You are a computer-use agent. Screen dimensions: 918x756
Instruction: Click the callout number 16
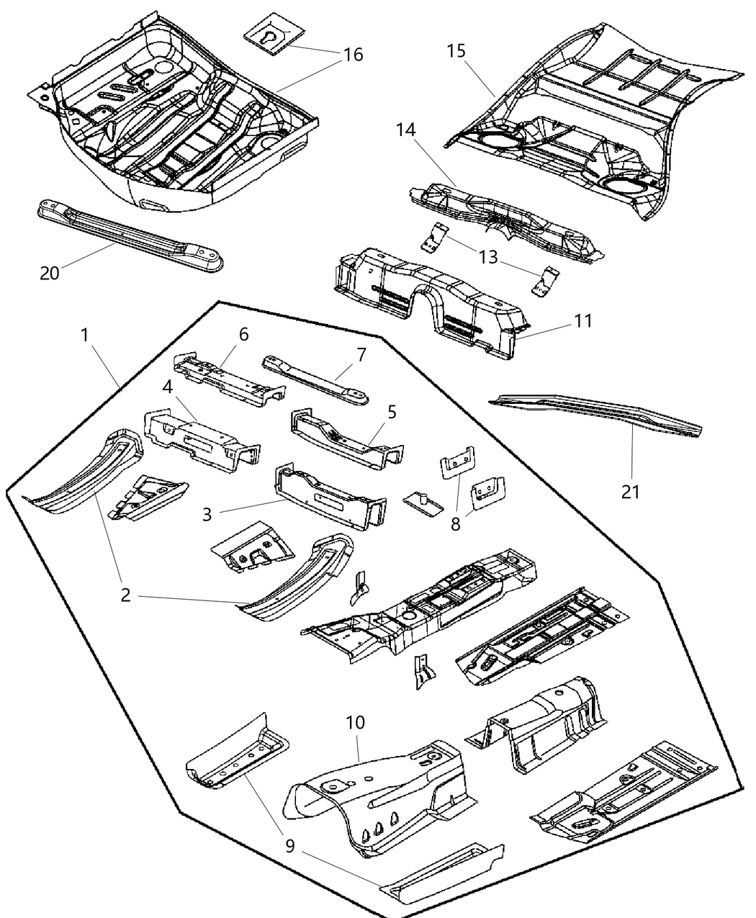point(353,55)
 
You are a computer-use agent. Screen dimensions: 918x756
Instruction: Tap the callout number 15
point(456,52)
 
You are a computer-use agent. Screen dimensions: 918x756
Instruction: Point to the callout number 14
point(405,130)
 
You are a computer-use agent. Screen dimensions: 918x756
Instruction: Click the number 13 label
point(488,257)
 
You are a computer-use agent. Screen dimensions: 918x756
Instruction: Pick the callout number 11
point(582,320)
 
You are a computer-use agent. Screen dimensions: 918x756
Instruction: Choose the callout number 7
point(361,354)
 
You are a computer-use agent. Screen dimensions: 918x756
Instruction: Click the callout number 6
point(243,334)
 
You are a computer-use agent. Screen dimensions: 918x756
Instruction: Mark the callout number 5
point(392,413)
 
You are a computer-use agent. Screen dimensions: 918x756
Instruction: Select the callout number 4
point(167,386)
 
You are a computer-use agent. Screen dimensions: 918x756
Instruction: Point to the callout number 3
point(207,514)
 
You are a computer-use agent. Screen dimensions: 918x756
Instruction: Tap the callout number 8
point(455,523)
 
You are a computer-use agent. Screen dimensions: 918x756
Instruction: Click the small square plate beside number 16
point(272,35)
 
